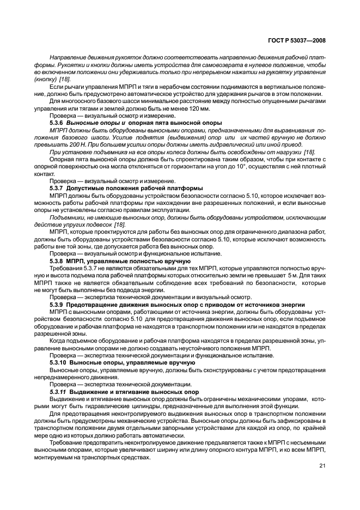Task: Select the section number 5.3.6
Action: (57, 124)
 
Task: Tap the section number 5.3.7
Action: (57, 187)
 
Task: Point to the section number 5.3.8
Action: (57, 260)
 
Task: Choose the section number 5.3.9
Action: (57, 303)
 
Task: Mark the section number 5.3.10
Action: (58, 362)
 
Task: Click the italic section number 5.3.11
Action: (58, 392)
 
